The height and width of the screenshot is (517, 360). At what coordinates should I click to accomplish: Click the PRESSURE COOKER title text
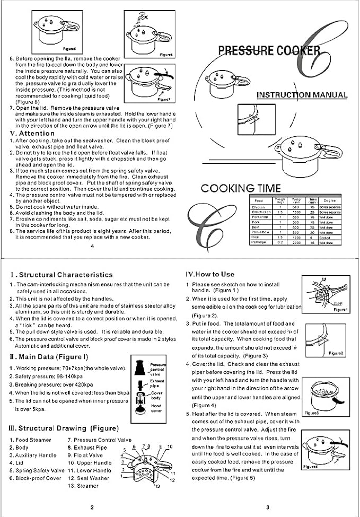[269, 50]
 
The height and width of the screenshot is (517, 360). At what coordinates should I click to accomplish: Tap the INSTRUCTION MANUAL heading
[302, 95]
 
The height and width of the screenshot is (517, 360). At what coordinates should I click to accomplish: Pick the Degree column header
[330, 201]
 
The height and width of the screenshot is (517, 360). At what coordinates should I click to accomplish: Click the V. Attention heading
[32, 133]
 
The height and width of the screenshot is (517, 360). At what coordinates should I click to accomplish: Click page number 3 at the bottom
[268, 507]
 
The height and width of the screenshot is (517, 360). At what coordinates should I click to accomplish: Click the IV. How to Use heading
[209, 274]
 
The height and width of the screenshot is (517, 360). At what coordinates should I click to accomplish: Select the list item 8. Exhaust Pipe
[87, 448]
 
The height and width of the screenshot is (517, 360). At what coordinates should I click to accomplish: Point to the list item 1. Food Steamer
[31, 440]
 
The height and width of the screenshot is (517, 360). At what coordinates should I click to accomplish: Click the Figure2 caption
[336, 353]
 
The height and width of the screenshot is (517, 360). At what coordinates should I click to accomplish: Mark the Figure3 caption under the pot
[310, 413]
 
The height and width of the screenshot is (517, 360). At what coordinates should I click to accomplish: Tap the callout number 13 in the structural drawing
[157, 486]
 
